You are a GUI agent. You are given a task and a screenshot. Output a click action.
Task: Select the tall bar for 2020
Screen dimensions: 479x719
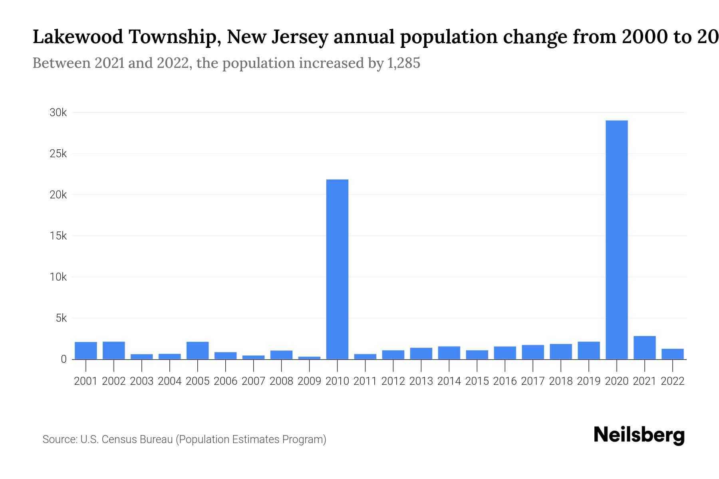coord(616,239)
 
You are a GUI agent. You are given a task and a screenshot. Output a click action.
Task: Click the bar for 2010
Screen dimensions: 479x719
coord(337,269)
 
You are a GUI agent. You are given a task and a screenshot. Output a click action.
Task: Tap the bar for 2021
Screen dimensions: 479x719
coord(644,348)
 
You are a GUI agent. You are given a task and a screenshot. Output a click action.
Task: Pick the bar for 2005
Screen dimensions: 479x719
coord(197,350)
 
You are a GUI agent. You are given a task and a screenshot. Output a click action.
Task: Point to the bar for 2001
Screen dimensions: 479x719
coord(86,350)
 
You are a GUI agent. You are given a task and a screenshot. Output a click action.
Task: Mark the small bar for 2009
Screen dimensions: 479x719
coord(309,358)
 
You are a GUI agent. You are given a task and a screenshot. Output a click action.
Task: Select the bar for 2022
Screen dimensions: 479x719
coord(672,354)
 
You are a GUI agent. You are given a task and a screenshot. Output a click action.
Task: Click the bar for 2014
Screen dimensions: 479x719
coord(449,353)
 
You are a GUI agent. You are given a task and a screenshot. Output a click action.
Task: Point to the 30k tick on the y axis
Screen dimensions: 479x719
coord(58,113)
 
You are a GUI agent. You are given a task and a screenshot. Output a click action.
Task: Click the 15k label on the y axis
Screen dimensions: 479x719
coord(58,236)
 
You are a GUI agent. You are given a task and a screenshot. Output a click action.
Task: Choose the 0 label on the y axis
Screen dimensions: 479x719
coord(64,359)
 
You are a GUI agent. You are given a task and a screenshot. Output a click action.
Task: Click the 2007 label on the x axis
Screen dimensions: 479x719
coord(253,381)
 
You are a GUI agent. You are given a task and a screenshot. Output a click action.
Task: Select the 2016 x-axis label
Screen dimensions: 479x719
coord(505,381)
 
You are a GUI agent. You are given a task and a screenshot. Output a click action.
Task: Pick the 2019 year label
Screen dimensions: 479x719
coord(588,381)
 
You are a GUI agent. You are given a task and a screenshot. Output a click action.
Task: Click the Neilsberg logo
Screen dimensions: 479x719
coord(639,435)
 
